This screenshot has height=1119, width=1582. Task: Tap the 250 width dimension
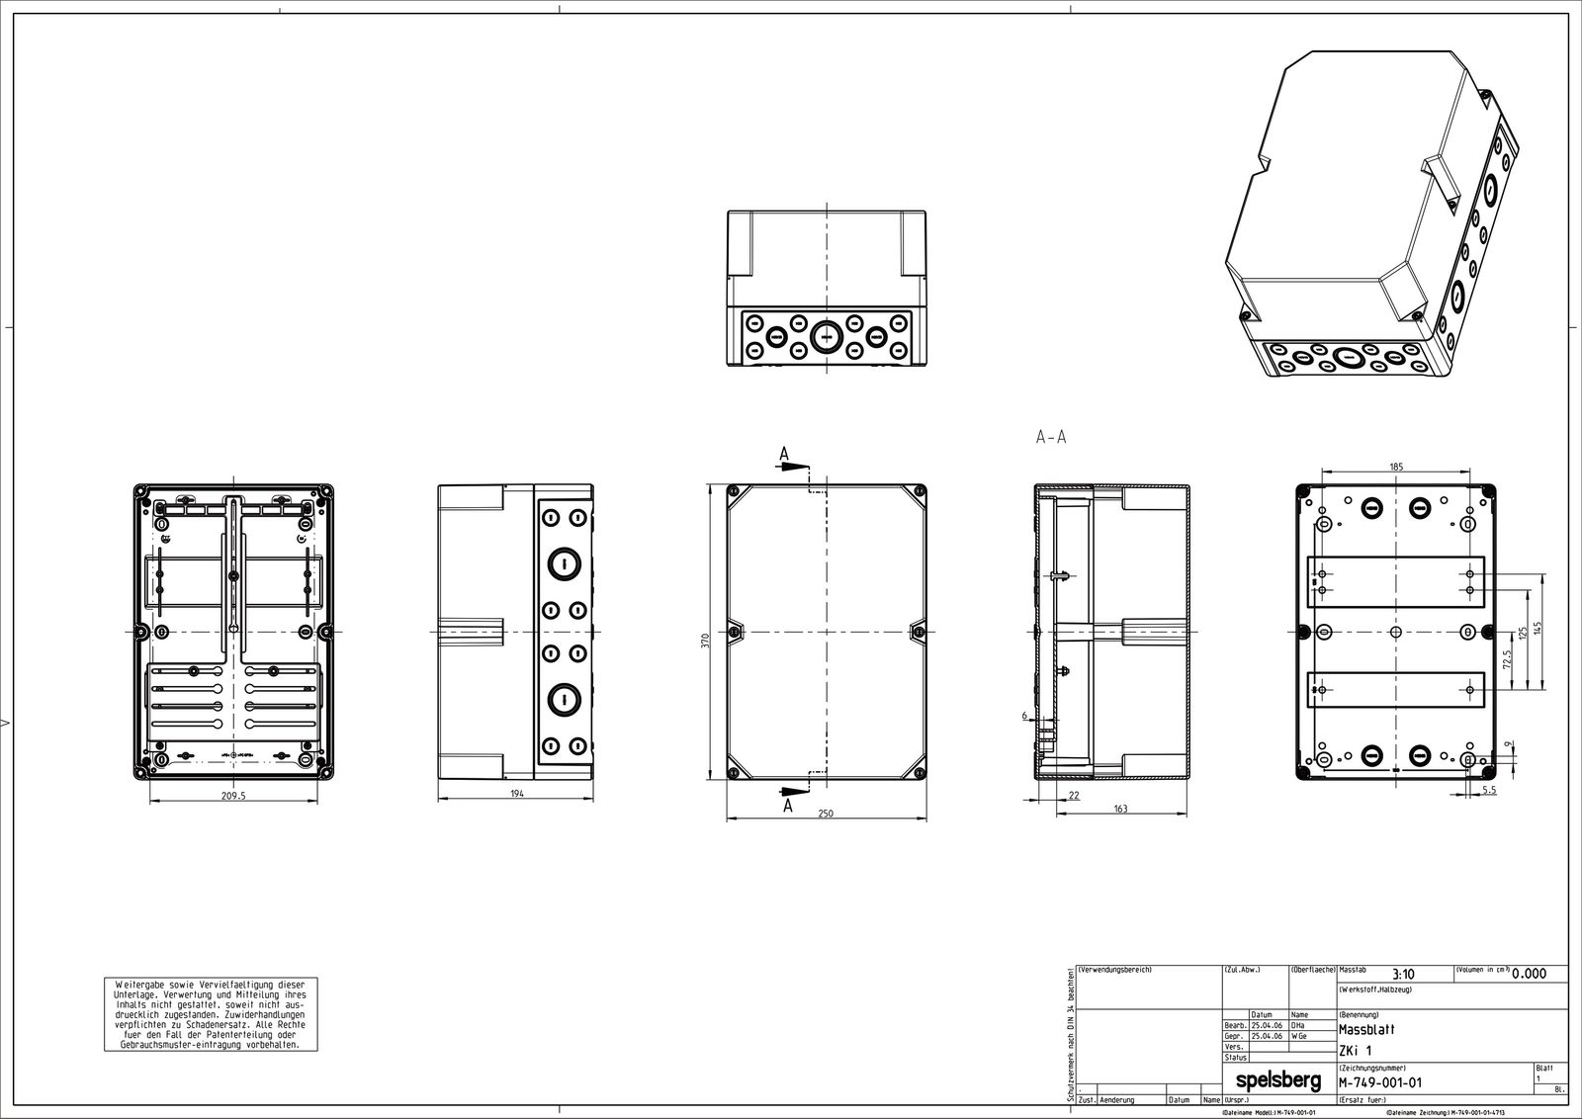tap(826, 813)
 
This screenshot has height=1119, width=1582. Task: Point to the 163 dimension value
tap(1119, 808)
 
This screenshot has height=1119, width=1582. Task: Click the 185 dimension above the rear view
tap(1395, 466)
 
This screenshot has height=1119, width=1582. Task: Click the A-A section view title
tap(1050, 437)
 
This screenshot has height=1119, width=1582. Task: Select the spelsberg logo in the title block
tap(1278, 1081)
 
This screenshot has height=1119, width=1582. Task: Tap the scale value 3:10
tap(1402, 975)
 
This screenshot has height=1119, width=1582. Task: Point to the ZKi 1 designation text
tap(1356, 1050)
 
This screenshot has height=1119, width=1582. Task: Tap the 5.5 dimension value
tap(1489, 791)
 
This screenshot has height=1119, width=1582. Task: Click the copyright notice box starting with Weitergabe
tap(211, 1014)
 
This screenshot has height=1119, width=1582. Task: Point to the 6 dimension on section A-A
tap(1024, 715)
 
